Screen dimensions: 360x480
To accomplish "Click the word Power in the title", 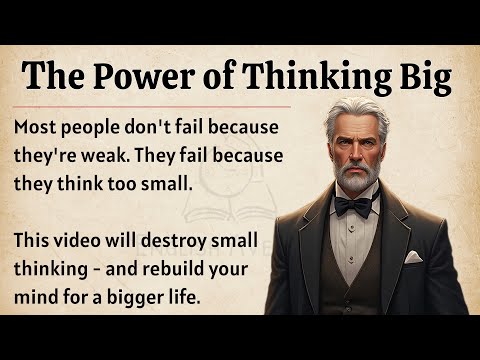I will coord(148,75).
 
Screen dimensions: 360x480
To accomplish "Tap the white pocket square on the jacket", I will coord(413,258).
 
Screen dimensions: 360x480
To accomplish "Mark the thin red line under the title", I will coord(150,105).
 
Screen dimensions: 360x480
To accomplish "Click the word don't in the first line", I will coord(160,130).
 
